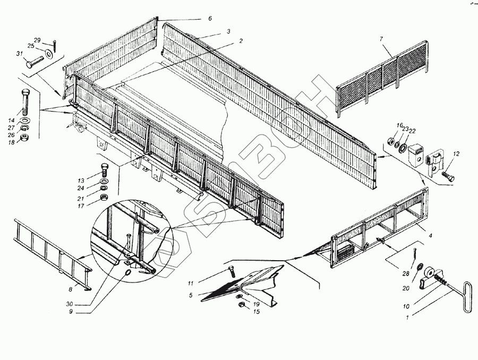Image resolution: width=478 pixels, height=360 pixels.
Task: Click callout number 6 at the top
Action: point(210,19)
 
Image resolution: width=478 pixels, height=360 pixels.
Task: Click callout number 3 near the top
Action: point(228,32)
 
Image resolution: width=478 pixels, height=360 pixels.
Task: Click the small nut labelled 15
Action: point(241,305)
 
